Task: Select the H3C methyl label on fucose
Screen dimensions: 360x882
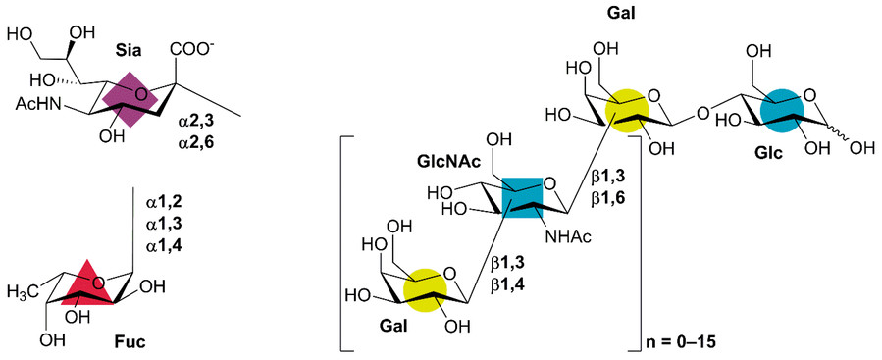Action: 25,290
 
